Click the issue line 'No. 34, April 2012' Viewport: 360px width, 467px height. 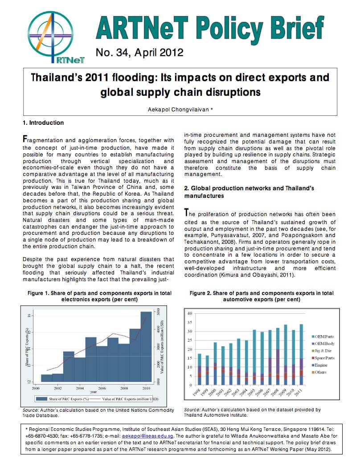(x=139, y=53)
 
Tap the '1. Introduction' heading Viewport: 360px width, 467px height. (x=43, y=123)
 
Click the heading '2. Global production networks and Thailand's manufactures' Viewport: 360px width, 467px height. (x=249, y=192)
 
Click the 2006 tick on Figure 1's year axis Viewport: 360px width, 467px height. (x=102, y=388)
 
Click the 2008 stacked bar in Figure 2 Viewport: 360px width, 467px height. (x=278, y=356)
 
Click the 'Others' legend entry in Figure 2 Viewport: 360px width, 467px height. (x=322, y=372)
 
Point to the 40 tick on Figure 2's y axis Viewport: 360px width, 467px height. (x=189, y=312)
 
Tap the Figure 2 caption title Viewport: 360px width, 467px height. (x=261, y=296)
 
